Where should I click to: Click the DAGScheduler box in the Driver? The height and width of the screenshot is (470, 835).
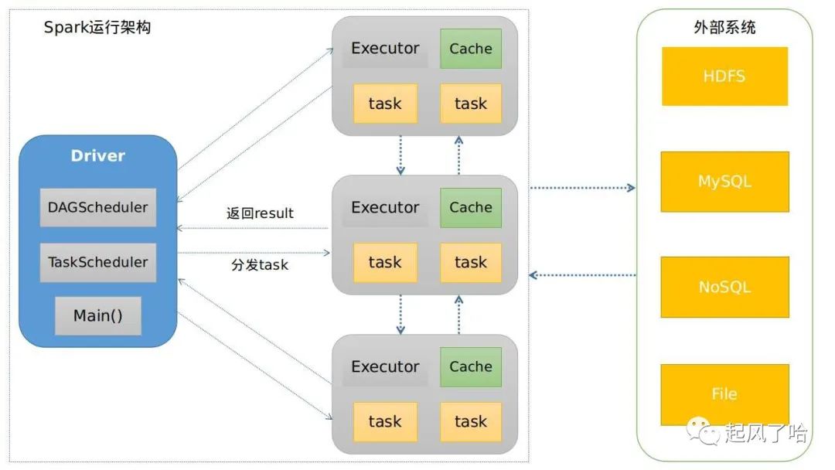tap(97, 207)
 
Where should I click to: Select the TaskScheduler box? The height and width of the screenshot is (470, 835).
tap(97, 262)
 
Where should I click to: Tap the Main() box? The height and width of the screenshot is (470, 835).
tap(97, 315)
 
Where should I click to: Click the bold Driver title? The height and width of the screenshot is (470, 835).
tap(97, 155)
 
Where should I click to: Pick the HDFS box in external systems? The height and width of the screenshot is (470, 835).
tap(724, 77)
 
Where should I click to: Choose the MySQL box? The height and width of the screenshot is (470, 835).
tap(724, 182)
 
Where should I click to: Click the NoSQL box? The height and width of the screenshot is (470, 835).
tap(724, 287)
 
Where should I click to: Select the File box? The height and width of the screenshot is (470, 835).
tap(724, 394)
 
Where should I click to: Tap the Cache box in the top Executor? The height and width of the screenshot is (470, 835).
tap(471, 49)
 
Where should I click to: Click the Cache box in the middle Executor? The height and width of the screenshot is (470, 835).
tap(471, 207)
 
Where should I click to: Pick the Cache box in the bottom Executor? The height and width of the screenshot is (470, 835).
tap(471, 366)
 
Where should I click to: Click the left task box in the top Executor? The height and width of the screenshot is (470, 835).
tap(385, 104)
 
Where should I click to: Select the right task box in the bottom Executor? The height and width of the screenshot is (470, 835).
tap(471, 421)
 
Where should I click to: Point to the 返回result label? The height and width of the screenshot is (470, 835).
tap(260, 213)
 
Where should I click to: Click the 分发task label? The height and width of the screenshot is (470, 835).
tap(260, 264)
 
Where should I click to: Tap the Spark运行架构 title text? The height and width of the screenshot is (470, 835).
tap(97, 28)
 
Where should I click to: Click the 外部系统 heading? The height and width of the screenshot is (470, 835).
tap(724, 28)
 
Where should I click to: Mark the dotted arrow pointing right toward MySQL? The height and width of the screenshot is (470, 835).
tap(582, 188)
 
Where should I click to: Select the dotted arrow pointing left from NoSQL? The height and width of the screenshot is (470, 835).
tap(582, 274)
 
